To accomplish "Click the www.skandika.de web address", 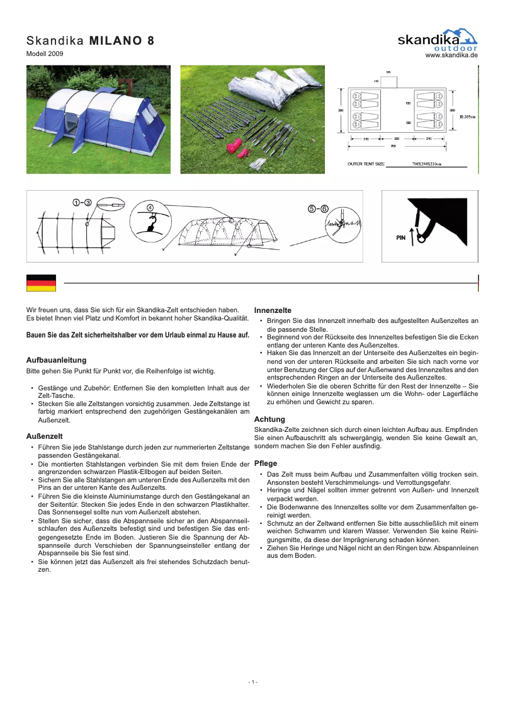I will (x=451, y=55).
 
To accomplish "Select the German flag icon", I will (x=41, y=283).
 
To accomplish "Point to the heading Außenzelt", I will (x=43, y=436).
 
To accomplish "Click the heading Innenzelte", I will (x=272, y=310).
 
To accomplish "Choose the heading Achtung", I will (x=270, y=419).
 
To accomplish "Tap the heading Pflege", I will (x=265, y=463).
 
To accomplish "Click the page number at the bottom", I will (x=252, y=683).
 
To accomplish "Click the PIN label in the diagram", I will (x=400, y=238).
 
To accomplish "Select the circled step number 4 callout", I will (x=150, y=208).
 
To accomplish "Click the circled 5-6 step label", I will (x=318, y=208).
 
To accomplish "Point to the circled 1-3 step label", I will (x=82, y=202).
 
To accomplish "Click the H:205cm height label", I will (x=467, y=116).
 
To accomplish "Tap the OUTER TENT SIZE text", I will (x=366, y=164).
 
